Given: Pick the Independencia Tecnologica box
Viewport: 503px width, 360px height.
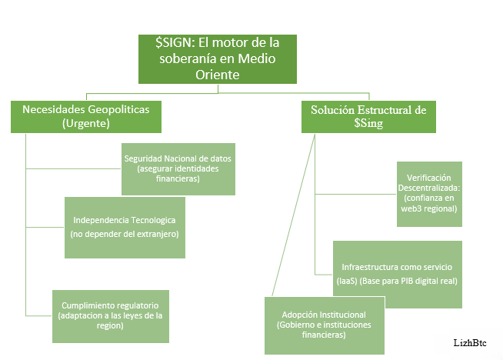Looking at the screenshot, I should pyautogui.click(x=125, y=226).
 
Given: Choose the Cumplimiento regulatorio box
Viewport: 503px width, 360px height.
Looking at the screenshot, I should pyautogui.click(x=111, y=315).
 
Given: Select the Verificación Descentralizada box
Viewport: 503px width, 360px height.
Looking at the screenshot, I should pyautogui.click(x=429, y=193).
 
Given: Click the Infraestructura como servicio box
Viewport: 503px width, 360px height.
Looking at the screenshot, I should pyautogui.click(x=397, y=273).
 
